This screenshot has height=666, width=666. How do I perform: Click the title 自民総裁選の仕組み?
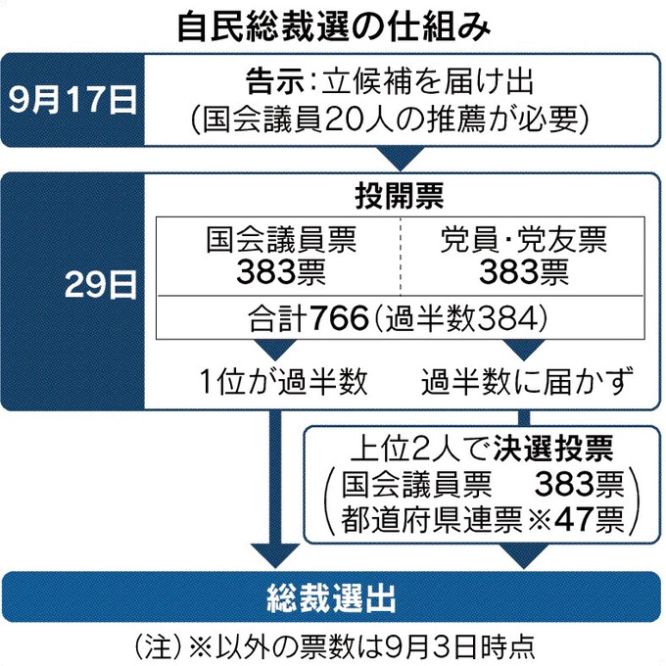pos(333,24)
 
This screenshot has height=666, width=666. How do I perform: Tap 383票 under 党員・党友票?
pos(525,271)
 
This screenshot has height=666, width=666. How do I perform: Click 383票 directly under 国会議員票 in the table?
pos(280,271)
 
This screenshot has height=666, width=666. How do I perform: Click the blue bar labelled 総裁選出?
pos(333,594)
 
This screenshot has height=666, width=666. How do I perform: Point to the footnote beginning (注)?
pos(333,648)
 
